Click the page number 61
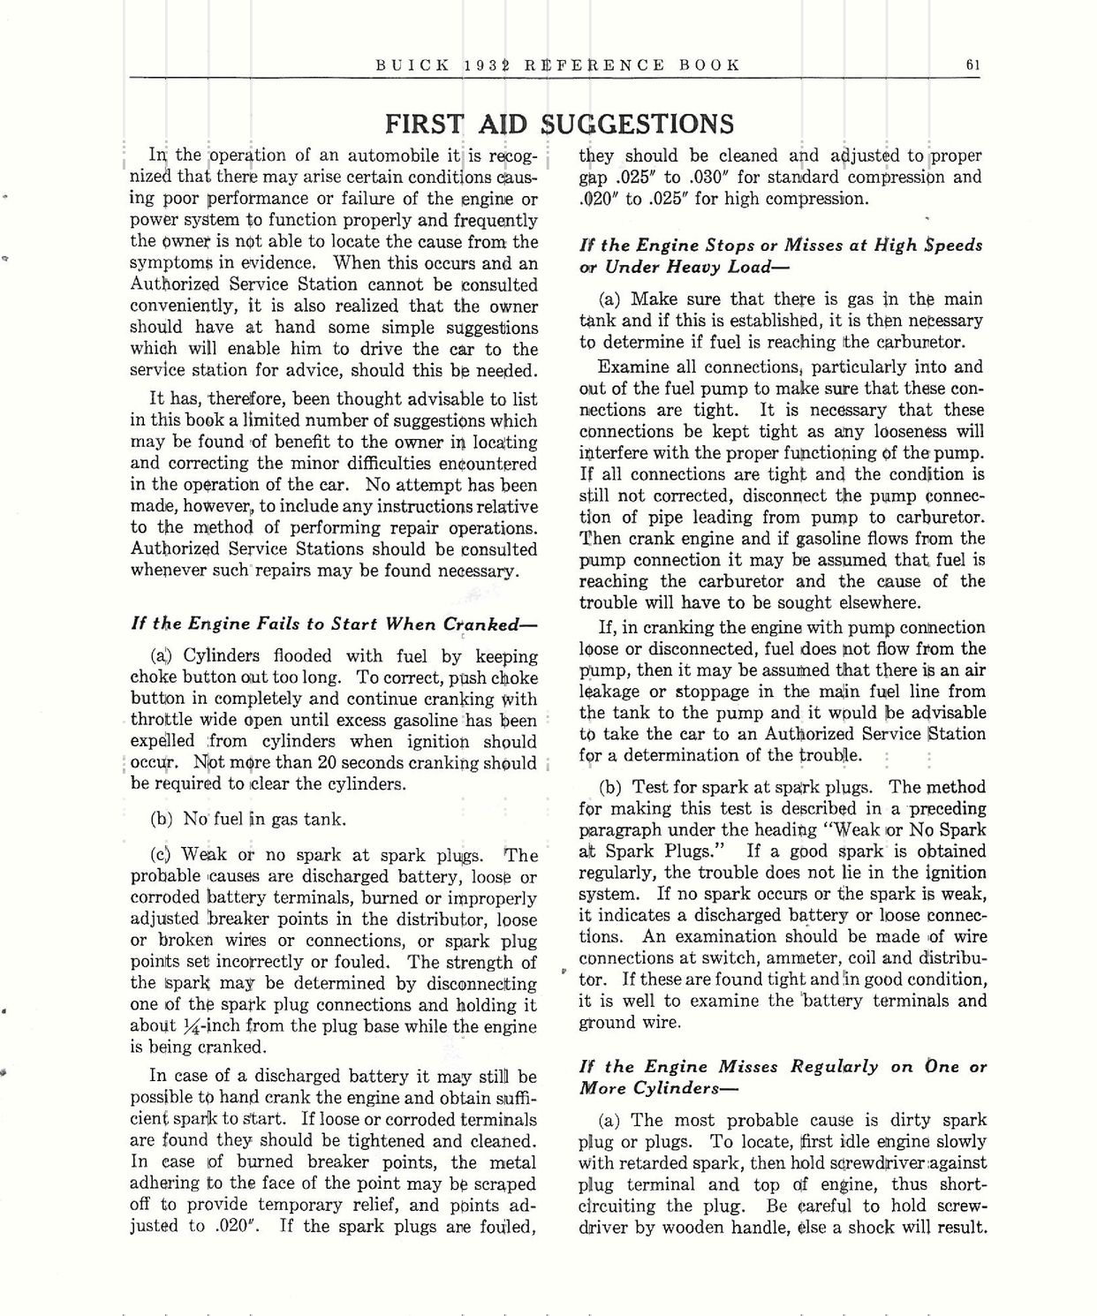pos(972,64)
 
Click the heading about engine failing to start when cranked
pos(334,624)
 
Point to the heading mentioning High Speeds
pos(781,256)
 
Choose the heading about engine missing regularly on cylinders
pos(781,1077)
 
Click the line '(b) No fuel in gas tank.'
pos(248,819)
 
